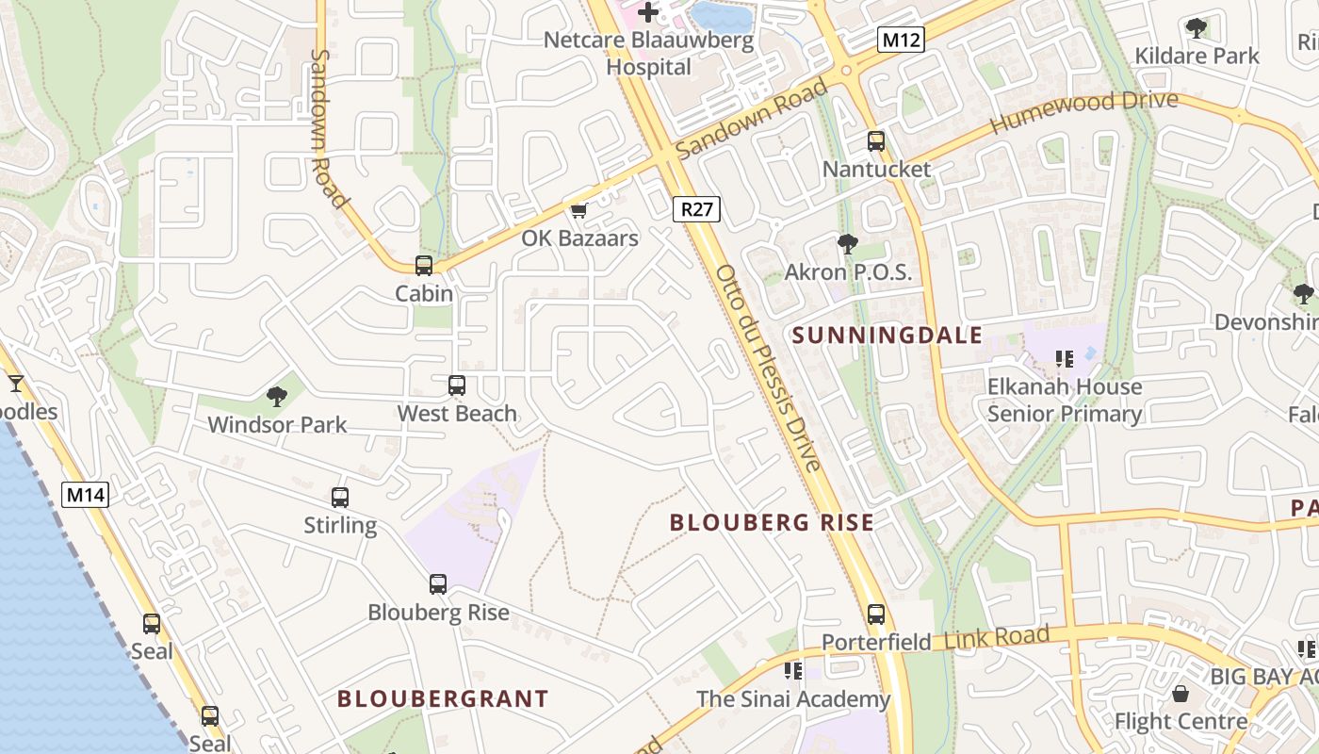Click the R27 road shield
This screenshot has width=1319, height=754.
[696, 209]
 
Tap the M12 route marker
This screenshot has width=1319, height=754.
[901, 39]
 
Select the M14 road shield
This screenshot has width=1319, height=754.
[86, 494]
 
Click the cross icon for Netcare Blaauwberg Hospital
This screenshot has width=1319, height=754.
[648, 12]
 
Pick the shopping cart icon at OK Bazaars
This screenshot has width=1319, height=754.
[579, 210]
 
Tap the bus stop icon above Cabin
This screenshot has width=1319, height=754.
[424, 266]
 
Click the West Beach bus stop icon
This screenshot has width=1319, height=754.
[457, 385]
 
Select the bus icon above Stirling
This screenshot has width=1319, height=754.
[340, 497]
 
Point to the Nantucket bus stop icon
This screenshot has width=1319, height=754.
[876, 141]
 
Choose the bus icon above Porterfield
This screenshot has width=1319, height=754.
[876, 615]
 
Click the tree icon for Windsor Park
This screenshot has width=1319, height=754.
[277, 396]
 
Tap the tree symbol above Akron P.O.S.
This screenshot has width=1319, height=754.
[848, 244]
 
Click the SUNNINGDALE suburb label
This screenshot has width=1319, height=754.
[887, 335]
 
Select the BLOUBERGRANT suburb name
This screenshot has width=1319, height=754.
[443, 698]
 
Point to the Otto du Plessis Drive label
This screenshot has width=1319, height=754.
[769, 368]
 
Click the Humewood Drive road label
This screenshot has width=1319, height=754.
[1083, 112]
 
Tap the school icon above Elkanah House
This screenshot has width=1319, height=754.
[1066, 358]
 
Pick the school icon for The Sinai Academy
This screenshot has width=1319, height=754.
[793, 670]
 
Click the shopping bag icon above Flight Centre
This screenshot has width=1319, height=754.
[1181, 695]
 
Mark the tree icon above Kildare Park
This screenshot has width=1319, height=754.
[1197, 27]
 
